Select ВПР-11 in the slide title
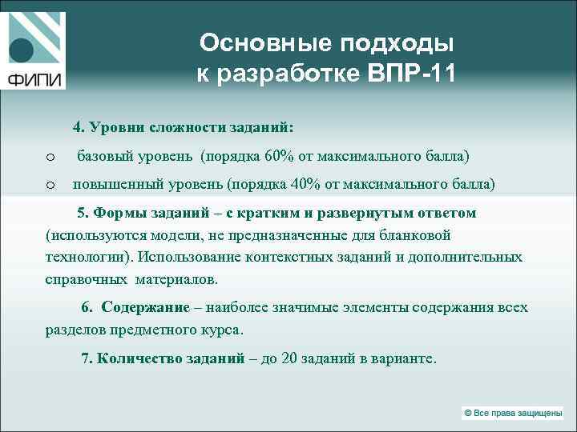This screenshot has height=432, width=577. click(410, 74)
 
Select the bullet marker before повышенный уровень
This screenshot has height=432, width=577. click(50, 185)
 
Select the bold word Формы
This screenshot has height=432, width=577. click(118, 213)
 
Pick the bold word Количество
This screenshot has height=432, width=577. click(136, 358)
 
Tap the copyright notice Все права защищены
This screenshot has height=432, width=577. click(512, 413)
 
